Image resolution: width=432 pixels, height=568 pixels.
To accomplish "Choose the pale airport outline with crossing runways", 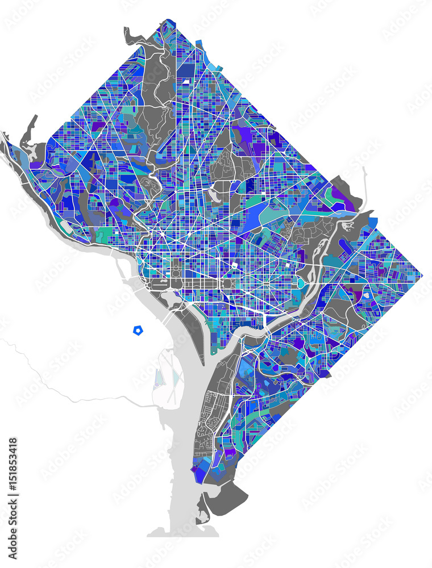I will [168, 375].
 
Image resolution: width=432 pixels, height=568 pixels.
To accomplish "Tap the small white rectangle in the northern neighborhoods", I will [185, 81].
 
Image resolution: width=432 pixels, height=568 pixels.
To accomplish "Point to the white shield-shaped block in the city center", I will [234, 265].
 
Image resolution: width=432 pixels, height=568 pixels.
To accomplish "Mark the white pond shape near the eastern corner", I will [367, 295].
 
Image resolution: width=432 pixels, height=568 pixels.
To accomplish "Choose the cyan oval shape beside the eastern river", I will [300, 282].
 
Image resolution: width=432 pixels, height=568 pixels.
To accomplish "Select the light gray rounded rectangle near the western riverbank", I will [66, 225].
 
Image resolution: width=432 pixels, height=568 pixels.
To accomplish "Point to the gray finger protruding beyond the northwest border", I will [31, 128].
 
